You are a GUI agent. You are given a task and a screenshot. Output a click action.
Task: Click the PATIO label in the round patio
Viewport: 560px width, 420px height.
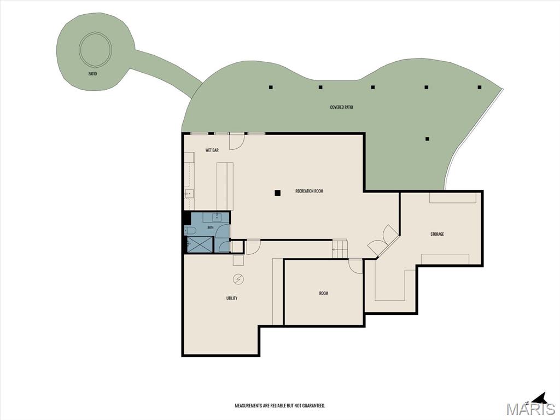[92, 74]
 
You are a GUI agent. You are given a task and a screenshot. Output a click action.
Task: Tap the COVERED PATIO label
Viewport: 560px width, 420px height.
[341, 107]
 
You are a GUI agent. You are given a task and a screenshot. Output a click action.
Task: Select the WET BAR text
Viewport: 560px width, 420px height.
[212, 150]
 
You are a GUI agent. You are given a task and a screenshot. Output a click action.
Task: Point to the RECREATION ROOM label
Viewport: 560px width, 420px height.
[310, 191]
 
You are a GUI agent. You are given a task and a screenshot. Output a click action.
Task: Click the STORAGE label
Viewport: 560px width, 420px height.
[437, 234]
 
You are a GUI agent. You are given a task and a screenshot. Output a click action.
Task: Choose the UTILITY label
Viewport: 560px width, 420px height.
[232, 298]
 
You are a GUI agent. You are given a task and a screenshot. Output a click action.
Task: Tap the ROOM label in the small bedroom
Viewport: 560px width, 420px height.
[324, 293]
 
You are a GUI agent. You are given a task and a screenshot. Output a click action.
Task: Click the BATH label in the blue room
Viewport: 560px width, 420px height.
[211, 227]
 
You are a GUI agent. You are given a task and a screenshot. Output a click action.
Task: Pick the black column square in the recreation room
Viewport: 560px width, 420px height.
[277, 193]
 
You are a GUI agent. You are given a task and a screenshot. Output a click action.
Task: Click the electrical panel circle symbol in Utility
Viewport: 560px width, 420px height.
[238, 279]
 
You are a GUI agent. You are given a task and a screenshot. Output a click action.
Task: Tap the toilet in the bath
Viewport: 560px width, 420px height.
[189, 230]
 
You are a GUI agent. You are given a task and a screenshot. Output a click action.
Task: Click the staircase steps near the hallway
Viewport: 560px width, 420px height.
[340, 248]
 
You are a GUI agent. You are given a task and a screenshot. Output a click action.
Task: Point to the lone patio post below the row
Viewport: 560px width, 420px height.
[427, 139]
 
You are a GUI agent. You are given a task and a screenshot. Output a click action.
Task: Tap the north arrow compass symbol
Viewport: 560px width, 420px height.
[540, 399]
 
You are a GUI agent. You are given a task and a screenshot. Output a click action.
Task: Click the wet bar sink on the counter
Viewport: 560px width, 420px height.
[189, 194]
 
